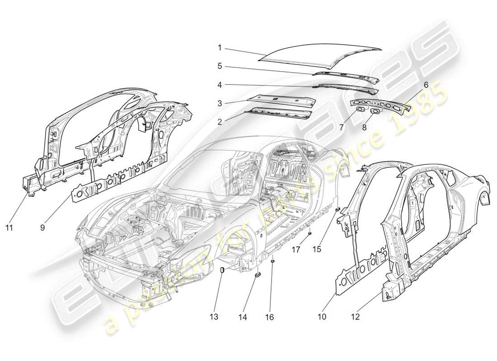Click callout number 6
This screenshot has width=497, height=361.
[426, 84]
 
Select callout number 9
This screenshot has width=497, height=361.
[42, 228]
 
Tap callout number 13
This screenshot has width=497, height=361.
[214, 317]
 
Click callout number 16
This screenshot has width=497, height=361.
[270, 317]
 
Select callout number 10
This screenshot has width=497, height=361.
[322, 317]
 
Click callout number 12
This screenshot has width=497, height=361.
[356, 317]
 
